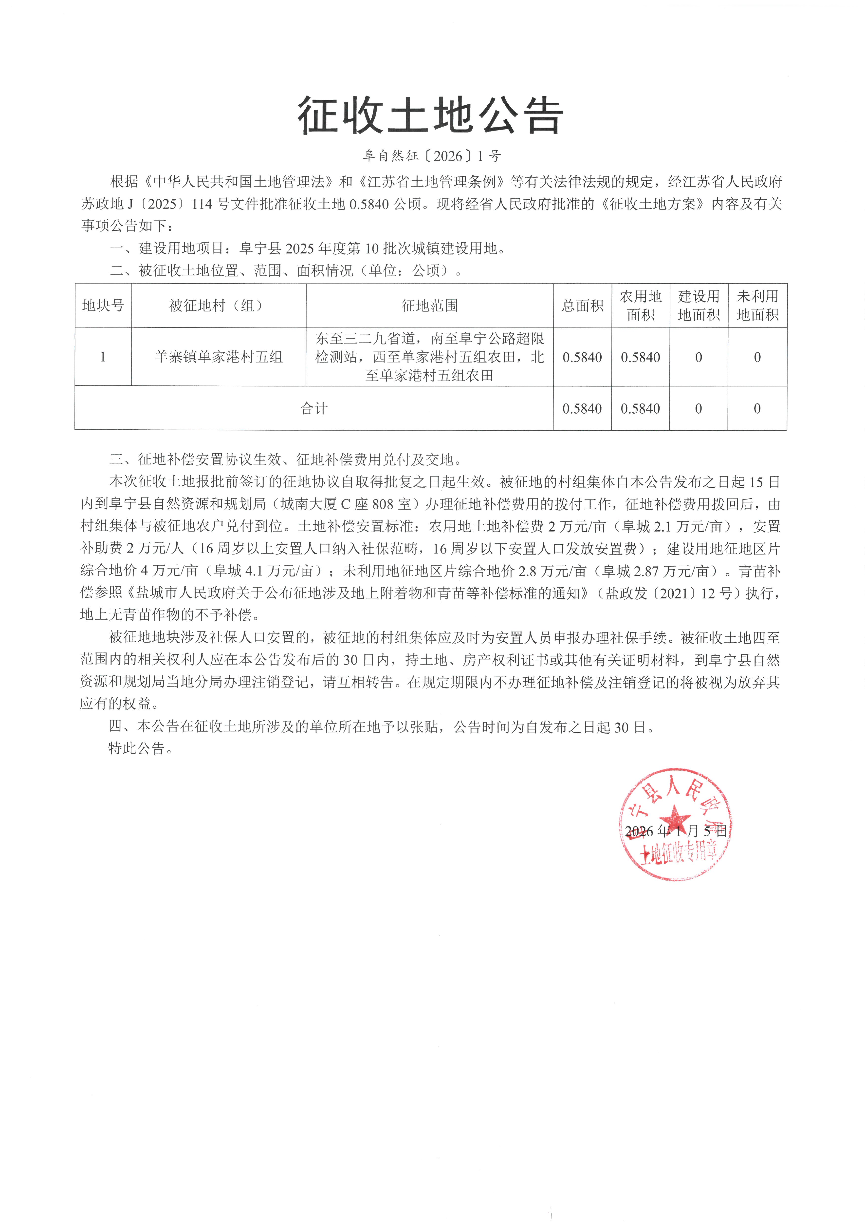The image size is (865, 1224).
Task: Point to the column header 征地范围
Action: (x=430, y=306)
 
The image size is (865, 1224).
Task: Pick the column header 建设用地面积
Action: (x=699, y=306)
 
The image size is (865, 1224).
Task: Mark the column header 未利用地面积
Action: (x=757, y=306)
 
